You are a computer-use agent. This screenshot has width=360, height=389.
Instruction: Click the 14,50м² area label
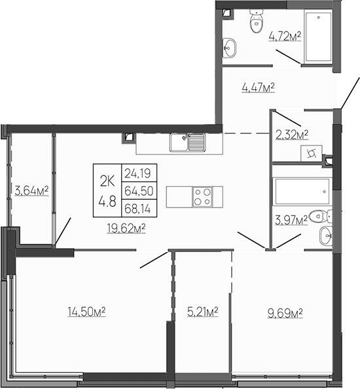(x=86, y=312)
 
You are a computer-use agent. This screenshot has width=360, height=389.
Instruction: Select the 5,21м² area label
(x=202, y=312)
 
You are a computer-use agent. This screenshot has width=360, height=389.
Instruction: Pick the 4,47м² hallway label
(x=257, y=86)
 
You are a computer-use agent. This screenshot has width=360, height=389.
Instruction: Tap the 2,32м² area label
(x=292, y=136)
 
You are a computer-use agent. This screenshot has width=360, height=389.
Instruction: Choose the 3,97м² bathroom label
(x=292, y=221)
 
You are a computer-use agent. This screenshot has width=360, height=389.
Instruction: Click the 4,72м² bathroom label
(x=285, y=37)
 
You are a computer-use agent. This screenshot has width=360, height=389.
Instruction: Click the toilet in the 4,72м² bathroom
(x=254, y=24)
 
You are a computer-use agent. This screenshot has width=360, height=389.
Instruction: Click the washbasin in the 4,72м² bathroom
(x=230, y=47)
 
